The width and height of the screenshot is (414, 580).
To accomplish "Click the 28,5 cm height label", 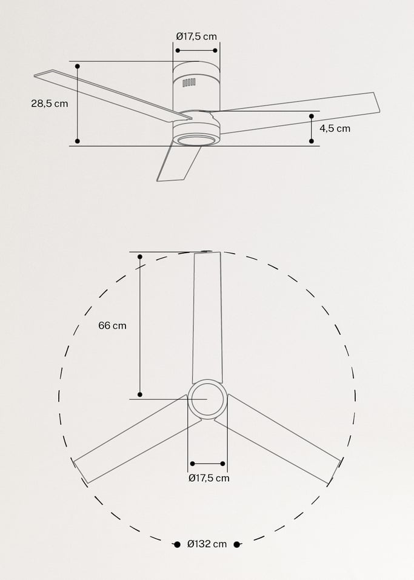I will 50,103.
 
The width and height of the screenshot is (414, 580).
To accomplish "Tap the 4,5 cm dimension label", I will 335,128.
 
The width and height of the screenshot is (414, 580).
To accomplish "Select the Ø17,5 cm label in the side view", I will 196,36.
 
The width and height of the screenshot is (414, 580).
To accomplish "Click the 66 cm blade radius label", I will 112,325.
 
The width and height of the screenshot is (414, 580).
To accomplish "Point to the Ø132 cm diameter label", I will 207,544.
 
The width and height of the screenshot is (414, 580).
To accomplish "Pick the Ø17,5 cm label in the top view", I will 209,477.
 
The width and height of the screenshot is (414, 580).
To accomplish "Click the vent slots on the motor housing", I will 190,84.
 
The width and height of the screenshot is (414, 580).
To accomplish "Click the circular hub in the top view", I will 207,399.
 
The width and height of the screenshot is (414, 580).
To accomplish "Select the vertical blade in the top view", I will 207,315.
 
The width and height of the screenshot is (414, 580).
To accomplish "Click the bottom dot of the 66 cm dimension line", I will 140,394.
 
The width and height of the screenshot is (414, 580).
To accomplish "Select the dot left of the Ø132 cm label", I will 177,544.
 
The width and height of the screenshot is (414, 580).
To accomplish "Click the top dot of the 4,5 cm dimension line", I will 312,115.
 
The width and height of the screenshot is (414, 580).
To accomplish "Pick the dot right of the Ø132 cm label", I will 236,544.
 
